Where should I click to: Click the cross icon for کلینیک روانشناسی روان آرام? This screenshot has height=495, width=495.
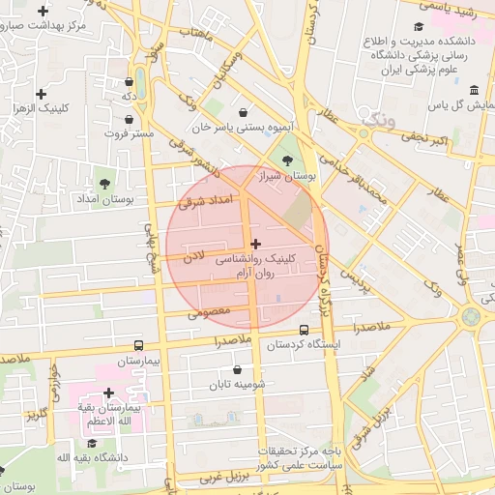pyautogui.click(x=255, y=244)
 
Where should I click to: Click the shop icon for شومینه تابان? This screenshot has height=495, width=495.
pyautogui.click(x=238, y=369)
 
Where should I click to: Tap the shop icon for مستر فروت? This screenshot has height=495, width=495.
pyautogui.click(x=129, y=119)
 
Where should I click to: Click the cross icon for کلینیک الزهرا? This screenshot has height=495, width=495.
pyautogui.click(x=41, y=94)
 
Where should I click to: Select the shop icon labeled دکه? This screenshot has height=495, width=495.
pyautogui.click(x=129, y=82)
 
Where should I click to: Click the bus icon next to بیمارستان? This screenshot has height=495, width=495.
pyautogui.click(x=139, y=345)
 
